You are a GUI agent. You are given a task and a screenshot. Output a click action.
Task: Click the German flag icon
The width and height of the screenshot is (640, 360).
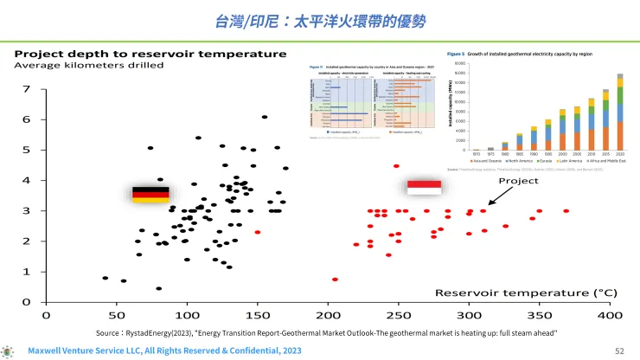[150, 194]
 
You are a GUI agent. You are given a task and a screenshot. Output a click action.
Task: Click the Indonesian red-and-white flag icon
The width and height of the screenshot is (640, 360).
[424, 188]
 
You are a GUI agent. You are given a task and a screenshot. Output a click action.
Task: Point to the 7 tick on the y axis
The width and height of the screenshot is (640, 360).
[27, 89]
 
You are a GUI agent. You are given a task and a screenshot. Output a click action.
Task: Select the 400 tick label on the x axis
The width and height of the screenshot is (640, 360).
[611, 316]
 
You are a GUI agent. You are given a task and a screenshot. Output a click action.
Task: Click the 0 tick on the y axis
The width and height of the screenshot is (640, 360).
[27, 302]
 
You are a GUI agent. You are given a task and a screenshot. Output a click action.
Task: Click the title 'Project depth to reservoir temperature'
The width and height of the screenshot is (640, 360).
[150, 54]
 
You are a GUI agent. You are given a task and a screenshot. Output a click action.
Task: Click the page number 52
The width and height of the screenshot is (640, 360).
[618, 351]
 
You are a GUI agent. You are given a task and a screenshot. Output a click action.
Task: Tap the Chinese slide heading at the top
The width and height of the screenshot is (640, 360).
[320, 19]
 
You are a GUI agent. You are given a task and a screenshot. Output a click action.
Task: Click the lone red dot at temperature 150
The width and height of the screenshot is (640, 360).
[258, 232]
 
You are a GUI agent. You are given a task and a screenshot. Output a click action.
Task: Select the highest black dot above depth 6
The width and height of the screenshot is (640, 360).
[265, 117]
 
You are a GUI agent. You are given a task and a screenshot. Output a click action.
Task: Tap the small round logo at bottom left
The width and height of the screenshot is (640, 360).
[9, 351]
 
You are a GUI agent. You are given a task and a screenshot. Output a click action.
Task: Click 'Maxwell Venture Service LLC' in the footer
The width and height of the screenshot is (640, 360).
[93, 351]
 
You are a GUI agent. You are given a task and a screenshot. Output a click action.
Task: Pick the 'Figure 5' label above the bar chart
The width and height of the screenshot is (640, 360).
[456, 54]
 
